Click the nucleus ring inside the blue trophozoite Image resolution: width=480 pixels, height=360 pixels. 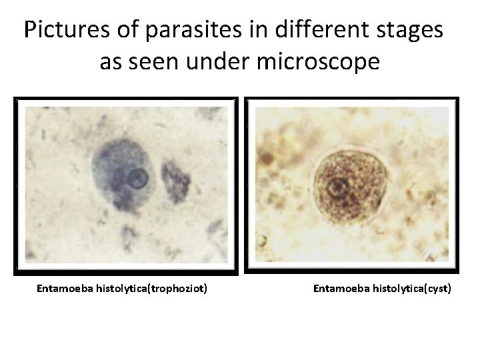[x=139, y=178]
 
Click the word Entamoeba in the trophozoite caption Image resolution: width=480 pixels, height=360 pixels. [x=65, y=289]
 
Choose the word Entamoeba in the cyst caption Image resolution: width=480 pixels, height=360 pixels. [x=339, y=289]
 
